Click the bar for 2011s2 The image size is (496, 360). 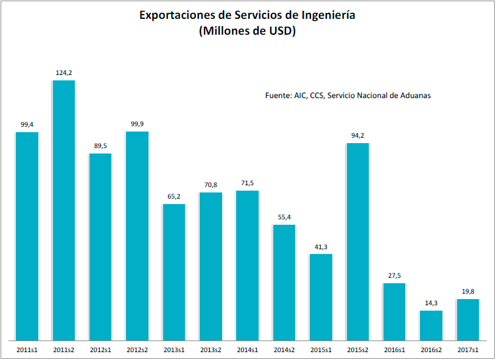64,210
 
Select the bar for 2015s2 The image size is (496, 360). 358,241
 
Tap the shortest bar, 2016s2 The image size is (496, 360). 431,325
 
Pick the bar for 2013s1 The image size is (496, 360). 174,272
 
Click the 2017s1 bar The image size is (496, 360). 467,319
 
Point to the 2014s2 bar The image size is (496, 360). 284,282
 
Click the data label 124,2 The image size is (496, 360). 64,72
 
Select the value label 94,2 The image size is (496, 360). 358,135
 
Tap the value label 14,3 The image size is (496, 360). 431,303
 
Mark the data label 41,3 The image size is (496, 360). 321,246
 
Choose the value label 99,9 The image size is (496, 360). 137,124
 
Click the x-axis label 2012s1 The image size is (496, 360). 100,350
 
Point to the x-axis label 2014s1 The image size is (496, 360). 247,350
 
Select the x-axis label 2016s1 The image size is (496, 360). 394,350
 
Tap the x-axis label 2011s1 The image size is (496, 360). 27,350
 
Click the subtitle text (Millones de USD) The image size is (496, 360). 247,32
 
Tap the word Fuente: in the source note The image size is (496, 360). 278,96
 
